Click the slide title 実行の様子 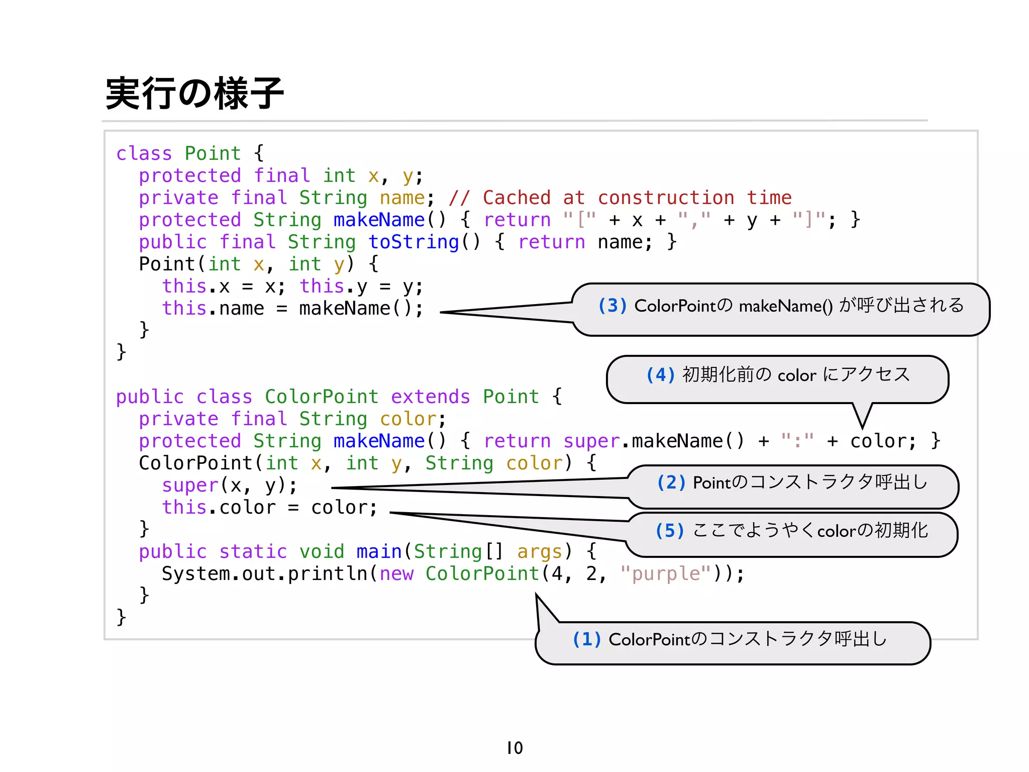click(x=194, y=94)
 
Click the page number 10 click(x=514, y=748)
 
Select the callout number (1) click(x=587, y=639)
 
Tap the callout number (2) click(x=671, y=482)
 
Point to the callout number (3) click(x=612, y=306)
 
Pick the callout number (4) click(x=660, y=375)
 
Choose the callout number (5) click(x=670, y=531)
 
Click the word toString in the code click(x=414, y=242)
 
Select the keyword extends click(x=431, y=397)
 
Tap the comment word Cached click(x=517, y=198)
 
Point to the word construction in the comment click(x=666, y=198)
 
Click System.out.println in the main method click(x=265, y=573)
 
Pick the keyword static click(x=253, y=552)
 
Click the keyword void click(x=322, y=552)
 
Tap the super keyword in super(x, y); click(x=190, y=486)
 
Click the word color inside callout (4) click(x=797, y=375)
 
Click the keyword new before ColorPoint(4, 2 click(x=396, y=573)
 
